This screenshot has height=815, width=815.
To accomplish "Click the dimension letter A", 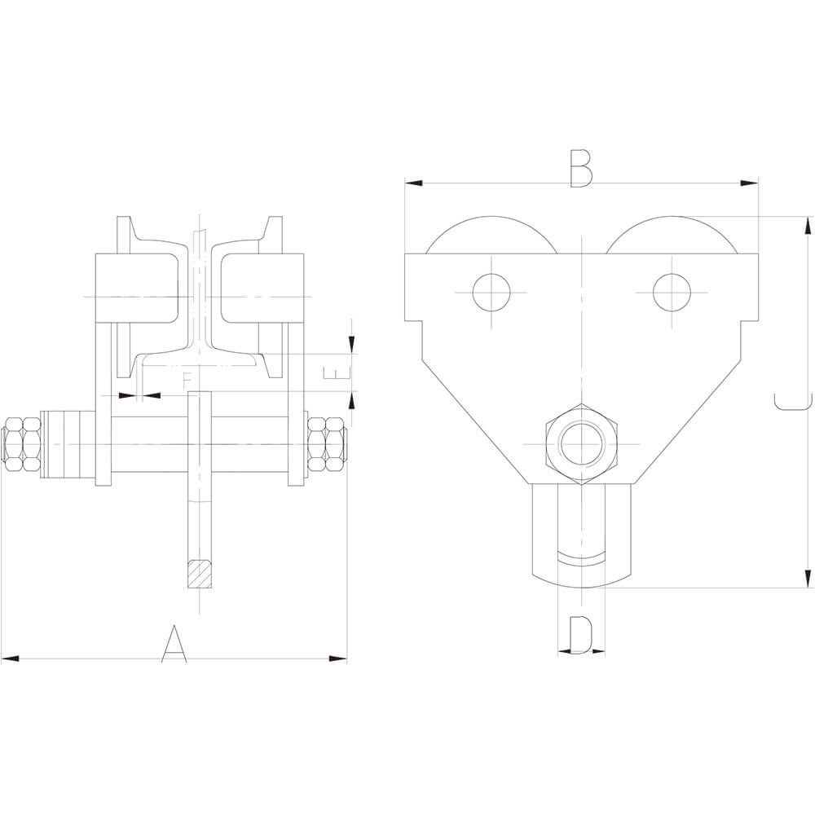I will (x=174, y=644).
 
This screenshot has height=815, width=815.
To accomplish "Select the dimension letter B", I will (x=581, y=169).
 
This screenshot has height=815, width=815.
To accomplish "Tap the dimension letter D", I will (x=580, y=635).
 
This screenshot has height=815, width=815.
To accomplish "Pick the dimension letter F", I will (x=187, y=380).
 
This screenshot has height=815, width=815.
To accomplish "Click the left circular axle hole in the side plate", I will (x=492, y=291).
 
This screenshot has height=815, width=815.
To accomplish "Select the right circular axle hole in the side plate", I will (x=671, y=291).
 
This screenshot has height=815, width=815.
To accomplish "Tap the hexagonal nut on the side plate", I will (x=582, y=444).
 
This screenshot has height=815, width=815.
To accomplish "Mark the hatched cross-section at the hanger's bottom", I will (x=200, y=574).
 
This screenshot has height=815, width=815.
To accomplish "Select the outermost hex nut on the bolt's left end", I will (x=13, y=445).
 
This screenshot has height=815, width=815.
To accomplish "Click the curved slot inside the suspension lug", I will (x=582, y=559).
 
